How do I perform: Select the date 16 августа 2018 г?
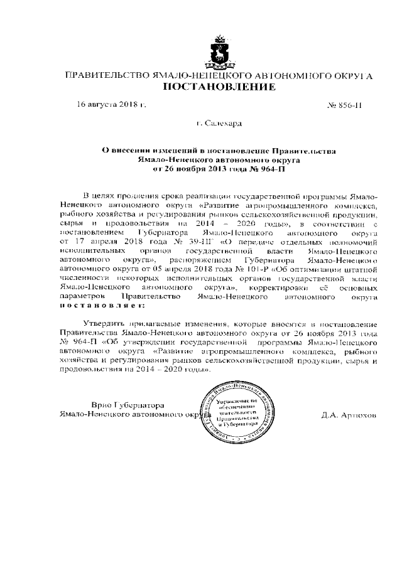[x=111, y=104]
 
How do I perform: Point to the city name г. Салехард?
[x=219, y=124]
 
